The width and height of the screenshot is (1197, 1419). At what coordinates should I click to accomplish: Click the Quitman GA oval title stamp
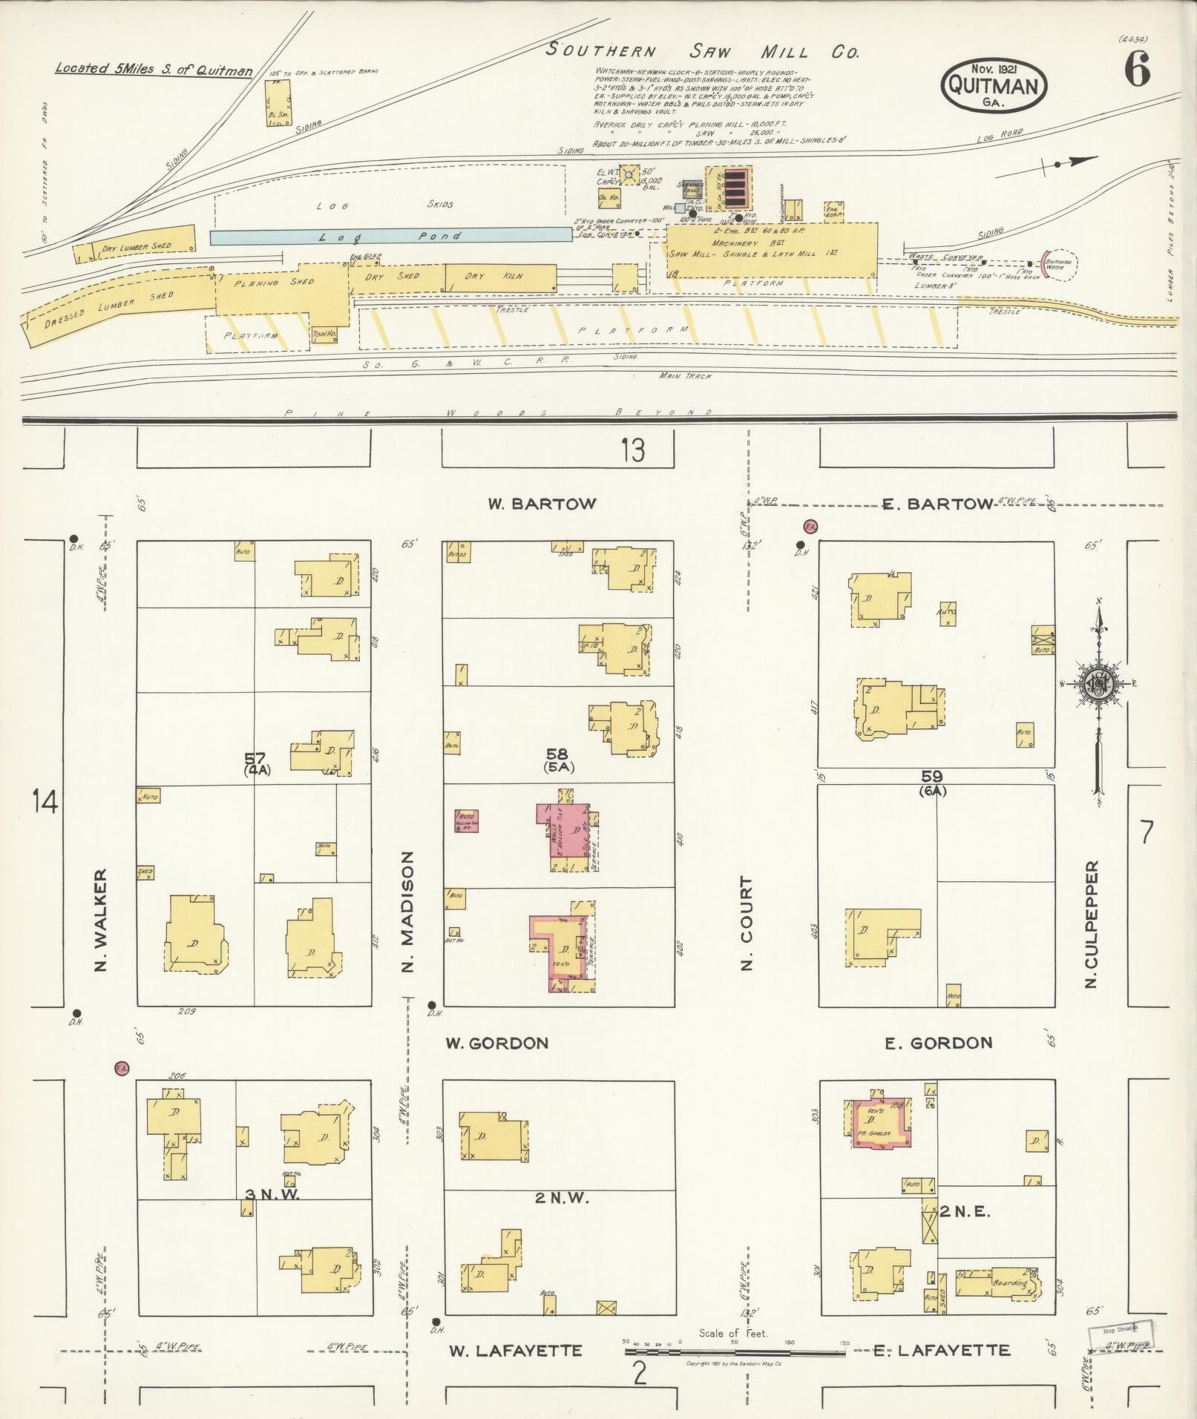pos(994,85)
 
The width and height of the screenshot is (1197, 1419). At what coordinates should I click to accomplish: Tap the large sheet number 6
pos(1136,72)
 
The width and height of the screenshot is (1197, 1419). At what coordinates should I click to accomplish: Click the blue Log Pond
pos(390,236)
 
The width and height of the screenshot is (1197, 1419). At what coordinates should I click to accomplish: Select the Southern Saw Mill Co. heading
pos(702,52)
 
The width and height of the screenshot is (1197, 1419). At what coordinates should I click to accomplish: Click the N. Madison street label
pos(407,911)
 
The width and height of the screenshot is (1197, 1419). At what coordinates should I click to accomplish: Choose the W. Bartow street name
pos(542,504)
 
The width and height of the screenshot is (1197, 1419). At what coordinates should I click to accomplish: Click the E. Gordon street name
pos(938,1043)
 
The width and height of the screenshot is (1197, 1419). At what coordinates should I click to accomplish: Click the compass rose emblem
pos(1098,682)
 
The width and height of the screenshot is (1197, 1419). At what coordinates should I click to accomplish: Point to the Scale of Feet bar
pos(733,1352)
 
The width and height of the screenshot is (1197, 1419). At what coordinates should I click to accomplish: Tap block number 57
pos(255,758)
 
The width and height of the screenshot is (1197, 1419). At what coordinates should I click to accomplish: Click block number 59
pos(932,776)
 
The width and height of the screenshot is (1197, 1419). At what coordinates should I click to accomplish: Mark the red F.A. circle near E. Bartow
pos(810,527)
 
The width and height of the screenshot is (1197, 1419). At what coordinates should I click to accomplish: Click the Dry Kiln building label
pos(494,276)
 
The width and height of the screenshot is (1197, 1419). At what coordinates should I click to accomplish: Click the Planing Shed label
pos(274,283)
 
